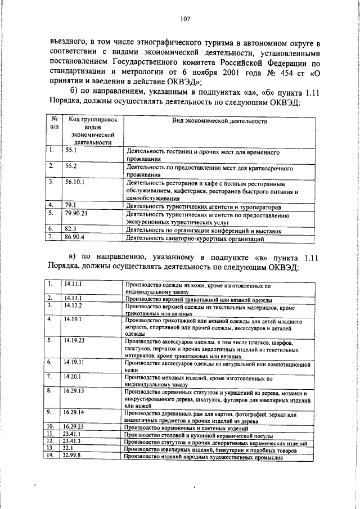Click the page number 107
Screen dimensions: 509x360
pyautogui.click(x=185, y=19)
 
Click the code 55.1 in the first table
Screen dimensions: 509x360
pyautogui.click(x=71, y=151)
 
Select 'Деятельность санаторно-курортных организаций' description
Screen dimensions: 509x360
pyautogui.click(x=195, y=239)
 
